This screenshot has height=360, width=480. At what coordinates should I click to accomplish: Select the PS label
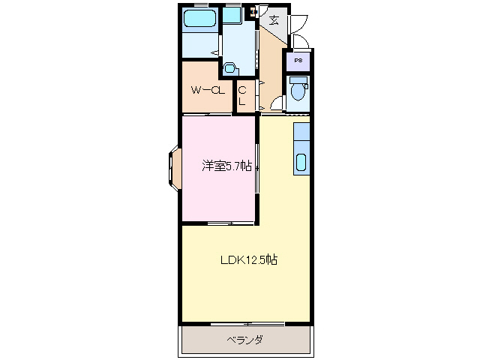(298, 60)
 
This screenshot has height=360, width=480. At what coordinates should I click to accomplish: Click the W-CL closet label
(208, 91)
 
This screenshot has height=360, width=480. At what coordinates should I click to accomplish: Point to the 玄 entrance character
(274, 20)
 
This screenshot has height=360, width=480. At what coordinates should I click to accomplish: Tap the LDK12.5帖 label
(249, 260)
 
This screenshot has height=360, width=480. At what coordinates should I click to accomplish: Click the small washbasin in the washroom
(229, 68)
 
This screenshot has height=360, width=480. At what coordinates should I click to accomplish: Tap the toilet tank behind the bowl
(298, 80)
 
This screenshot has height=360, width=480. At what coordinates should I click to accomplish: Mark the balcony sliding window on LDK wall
(247, 325)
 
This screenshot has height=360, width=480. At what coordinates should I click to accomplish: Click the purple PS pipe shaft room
(298, 61)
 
